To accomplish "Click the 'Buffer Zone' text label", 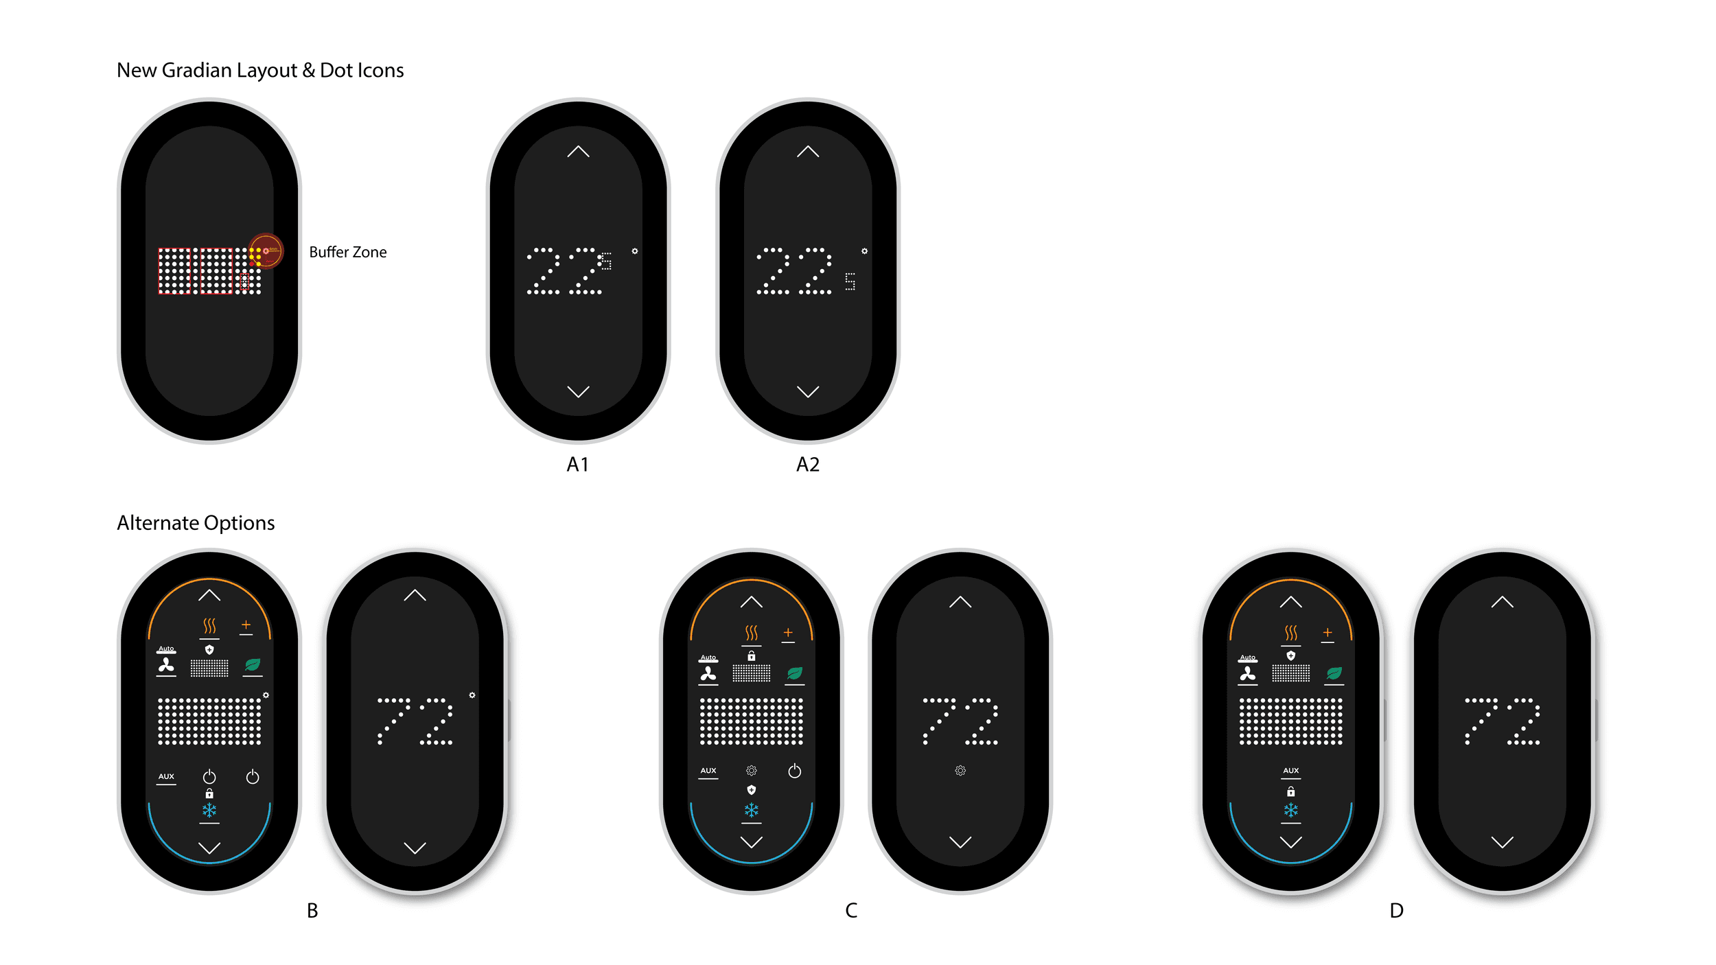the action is (x=347, y=252).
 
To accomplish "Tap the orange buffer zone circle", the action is (x=266, y=251).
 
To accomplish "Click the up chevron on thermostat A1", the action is (x=578, y=151).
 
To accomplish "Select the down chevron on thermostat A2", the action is (x=808, y=391).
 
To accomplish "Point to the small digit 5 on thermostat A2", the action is (x=850, y=281).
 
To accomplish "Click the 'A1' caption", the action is (x=577, y=465).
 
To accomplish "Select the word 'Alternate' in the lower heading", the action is (x=158, y=523).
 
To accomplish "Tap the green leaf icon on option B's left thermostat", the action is (x=253, y=664).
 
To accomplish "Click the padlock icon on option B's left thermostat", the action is (x=209, y=793).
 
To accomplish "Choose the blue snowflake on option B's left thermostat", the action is (x=209, y=811).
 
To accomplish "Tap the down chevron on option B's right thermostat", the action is (x=415, y=848).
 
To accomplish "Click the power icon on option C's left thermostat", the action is (x=794, y=771).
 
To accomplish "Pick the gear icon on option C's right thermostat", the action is (x=960, y=771).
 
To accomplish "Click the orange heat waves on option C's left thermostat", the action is (x=752, y=632).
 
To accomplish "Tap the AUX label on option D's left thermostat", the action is (x=1290, y=771).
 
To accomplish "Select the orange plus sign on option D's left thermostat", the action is (x=1327, y=632).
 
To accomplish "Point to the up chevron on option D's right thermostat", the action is (x=1502, y=602).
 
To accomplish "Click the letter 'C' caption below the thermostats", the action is (x=851, y=911).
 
